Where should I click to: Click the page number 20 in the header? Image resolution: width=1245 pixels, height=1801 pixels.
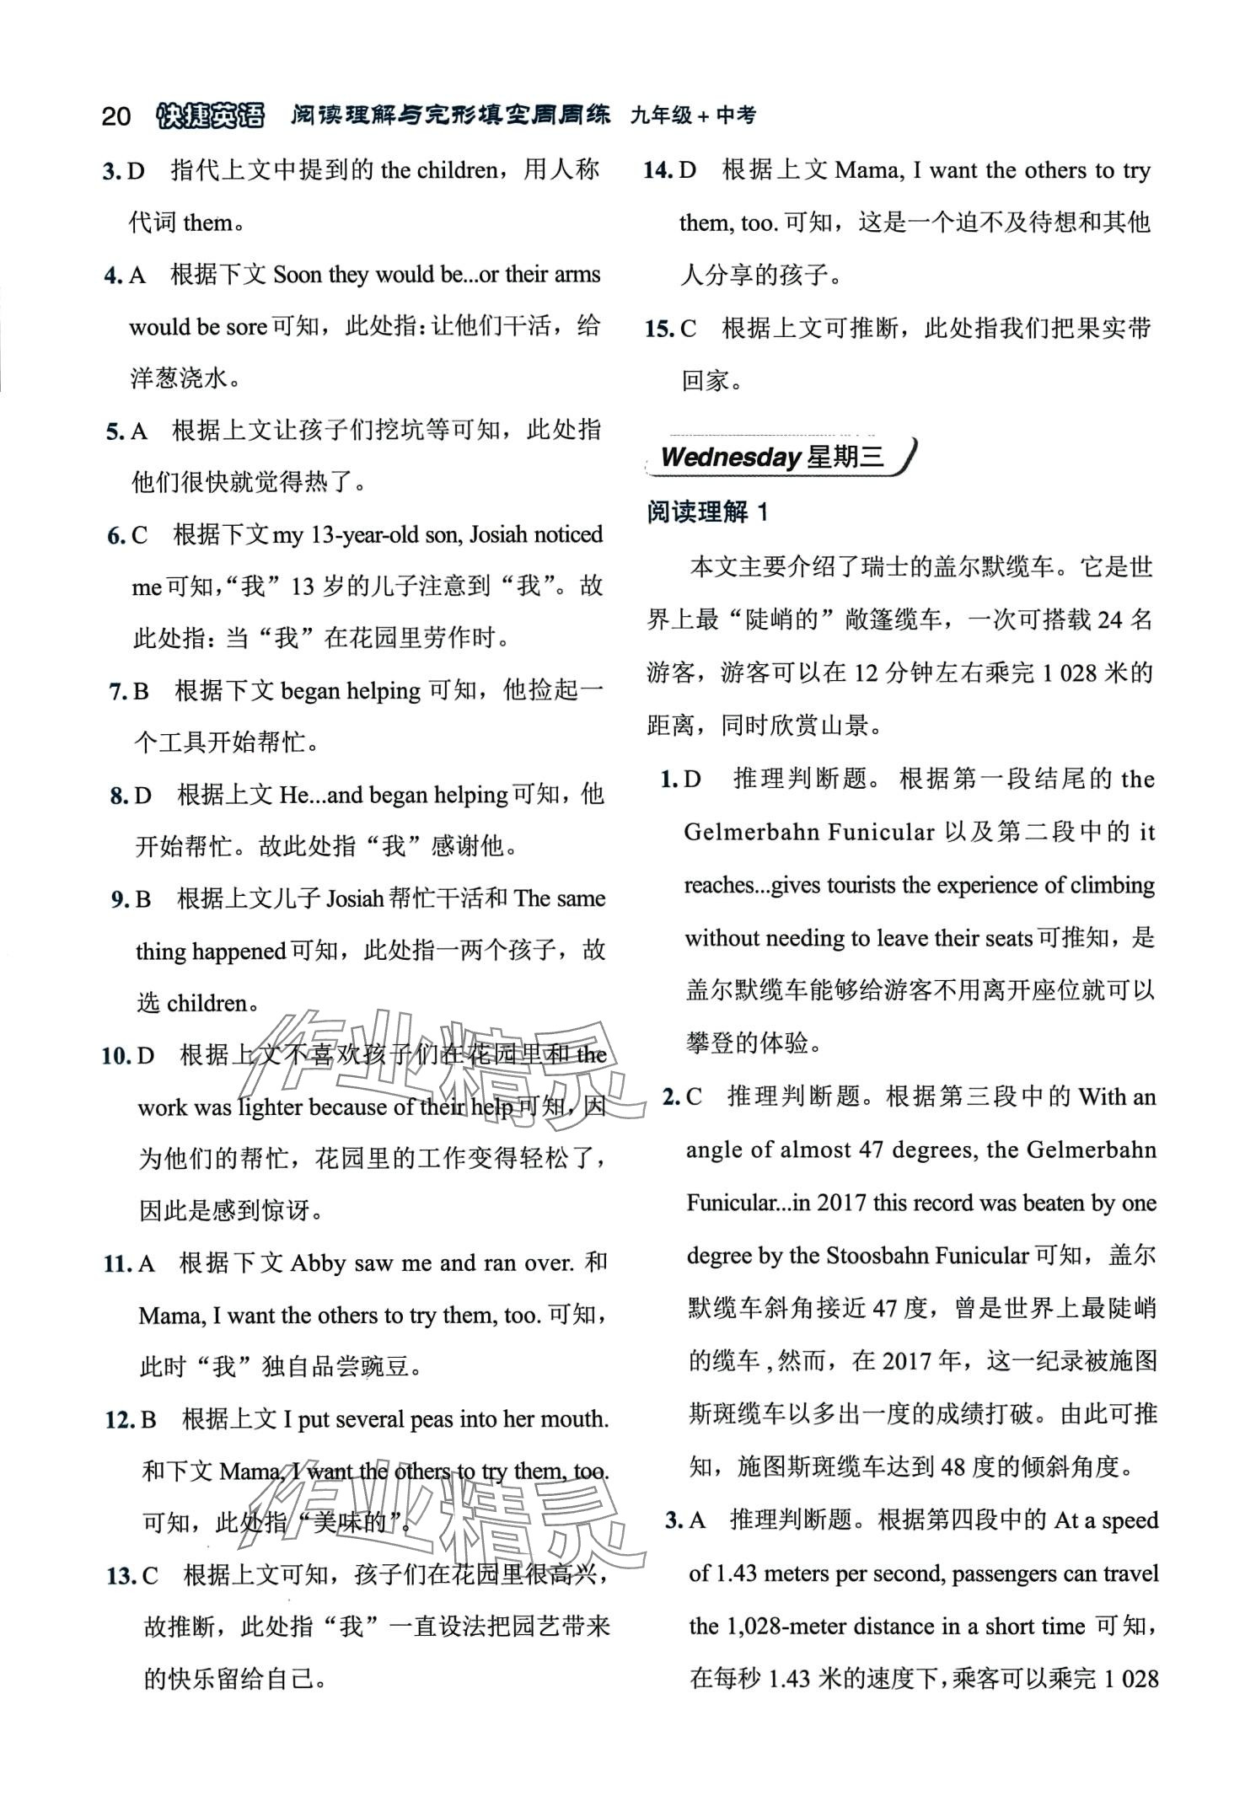click(x=115, y=116)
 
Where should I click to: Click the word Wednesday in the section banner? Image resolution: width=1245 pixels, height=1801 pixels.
click(x=730, y=457)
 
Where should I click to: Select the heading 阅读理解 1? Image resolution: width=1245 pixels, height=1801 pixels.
click(x=707, y=512)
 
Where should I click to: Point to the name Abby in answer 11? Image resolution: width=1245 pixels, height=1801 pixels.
click(x=319, y=1262)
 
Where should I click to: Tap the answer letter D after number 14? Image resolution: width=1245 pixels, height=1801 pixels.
click(x=688, y=170)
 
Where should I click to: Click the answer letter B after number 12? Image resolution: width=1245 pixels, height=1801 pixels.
click(x=149, y=1419)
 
